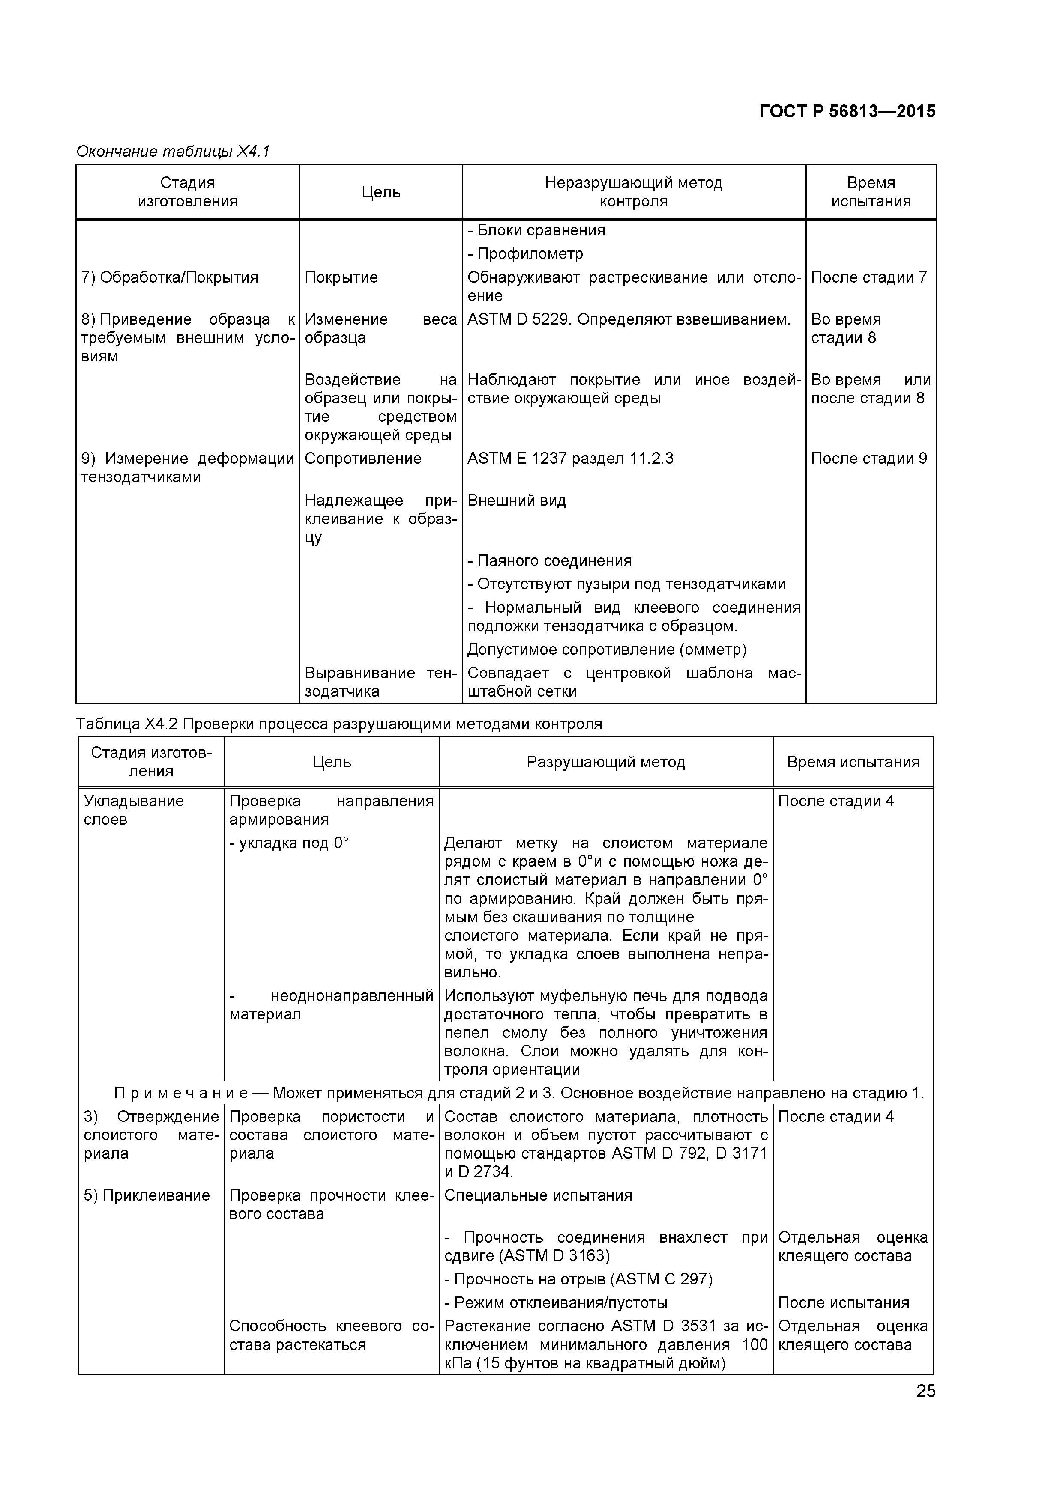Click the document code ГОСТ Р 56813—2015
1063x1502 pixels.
click(847, 111)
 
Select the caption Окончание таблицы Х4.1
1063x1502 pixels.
click(173, 152)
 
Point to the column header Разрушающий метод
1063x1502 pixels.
click(605, 762)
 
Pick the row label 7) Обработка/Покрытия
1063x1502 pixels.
click(170, 277)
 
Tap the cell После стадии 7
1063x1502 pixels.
click(868, 277)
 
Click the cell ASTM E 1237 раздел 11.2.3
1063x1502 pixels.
click(569, 459)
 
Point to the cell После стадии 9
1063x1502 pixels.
click(868, 459)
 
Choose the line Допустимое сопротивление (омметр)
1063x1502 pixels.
click(607, 650)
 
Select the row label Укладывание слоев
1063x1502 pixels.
click(134, 810)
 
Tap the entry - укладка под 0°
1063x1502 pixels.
click(289, 843)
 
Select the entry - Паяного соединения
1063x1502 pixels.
click(549, 560)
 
